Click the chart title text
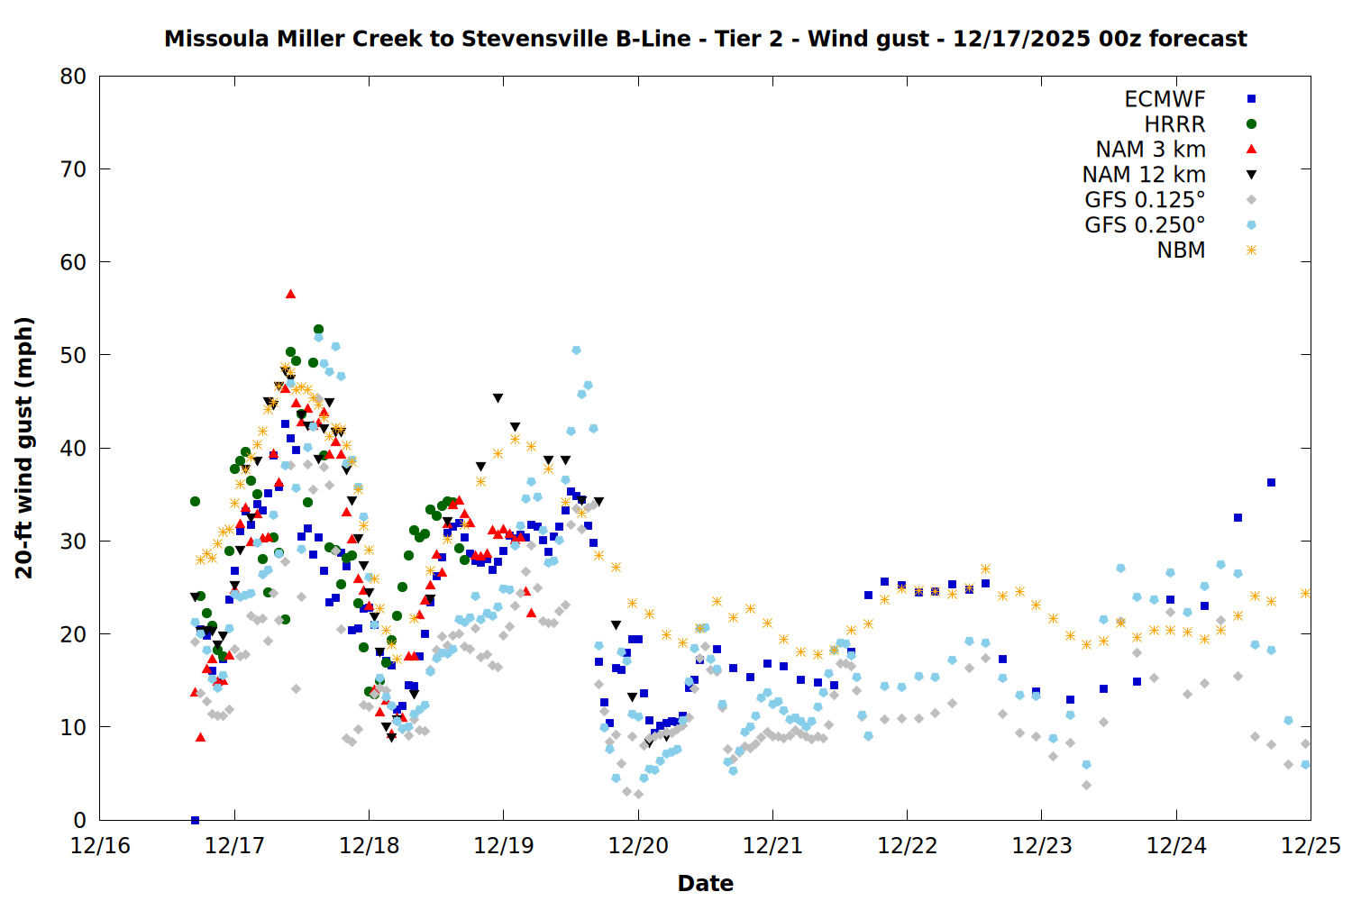click(705, 39)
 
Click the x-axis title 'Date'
click(705, 883)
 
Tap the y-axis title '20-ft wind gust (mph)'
click(24, 448)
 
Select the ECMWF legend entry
click(1165, 99)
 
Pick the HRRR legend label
click(1174, 124)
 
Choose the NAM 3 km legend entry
click(1150, 150)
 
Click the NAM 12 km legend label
click(1144, 175)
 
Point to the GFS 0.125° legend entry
click(1145, 200)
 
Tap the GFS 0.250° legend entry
click(1145, 225)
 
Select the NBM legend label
click(1181, 250)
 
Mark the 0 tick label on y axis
click(80, 820)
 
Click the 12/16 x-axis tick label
click(100, 846)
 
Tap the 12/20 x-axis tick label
click(638, 846)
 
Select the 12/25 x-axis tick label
click(1311, 846)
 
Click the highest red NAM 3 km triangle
click(290, 294)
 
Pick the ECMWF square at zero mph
click(195, 820)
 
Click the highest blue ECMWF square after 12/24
click(1271, 483)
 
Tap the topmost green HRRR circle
click(318, 330)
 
